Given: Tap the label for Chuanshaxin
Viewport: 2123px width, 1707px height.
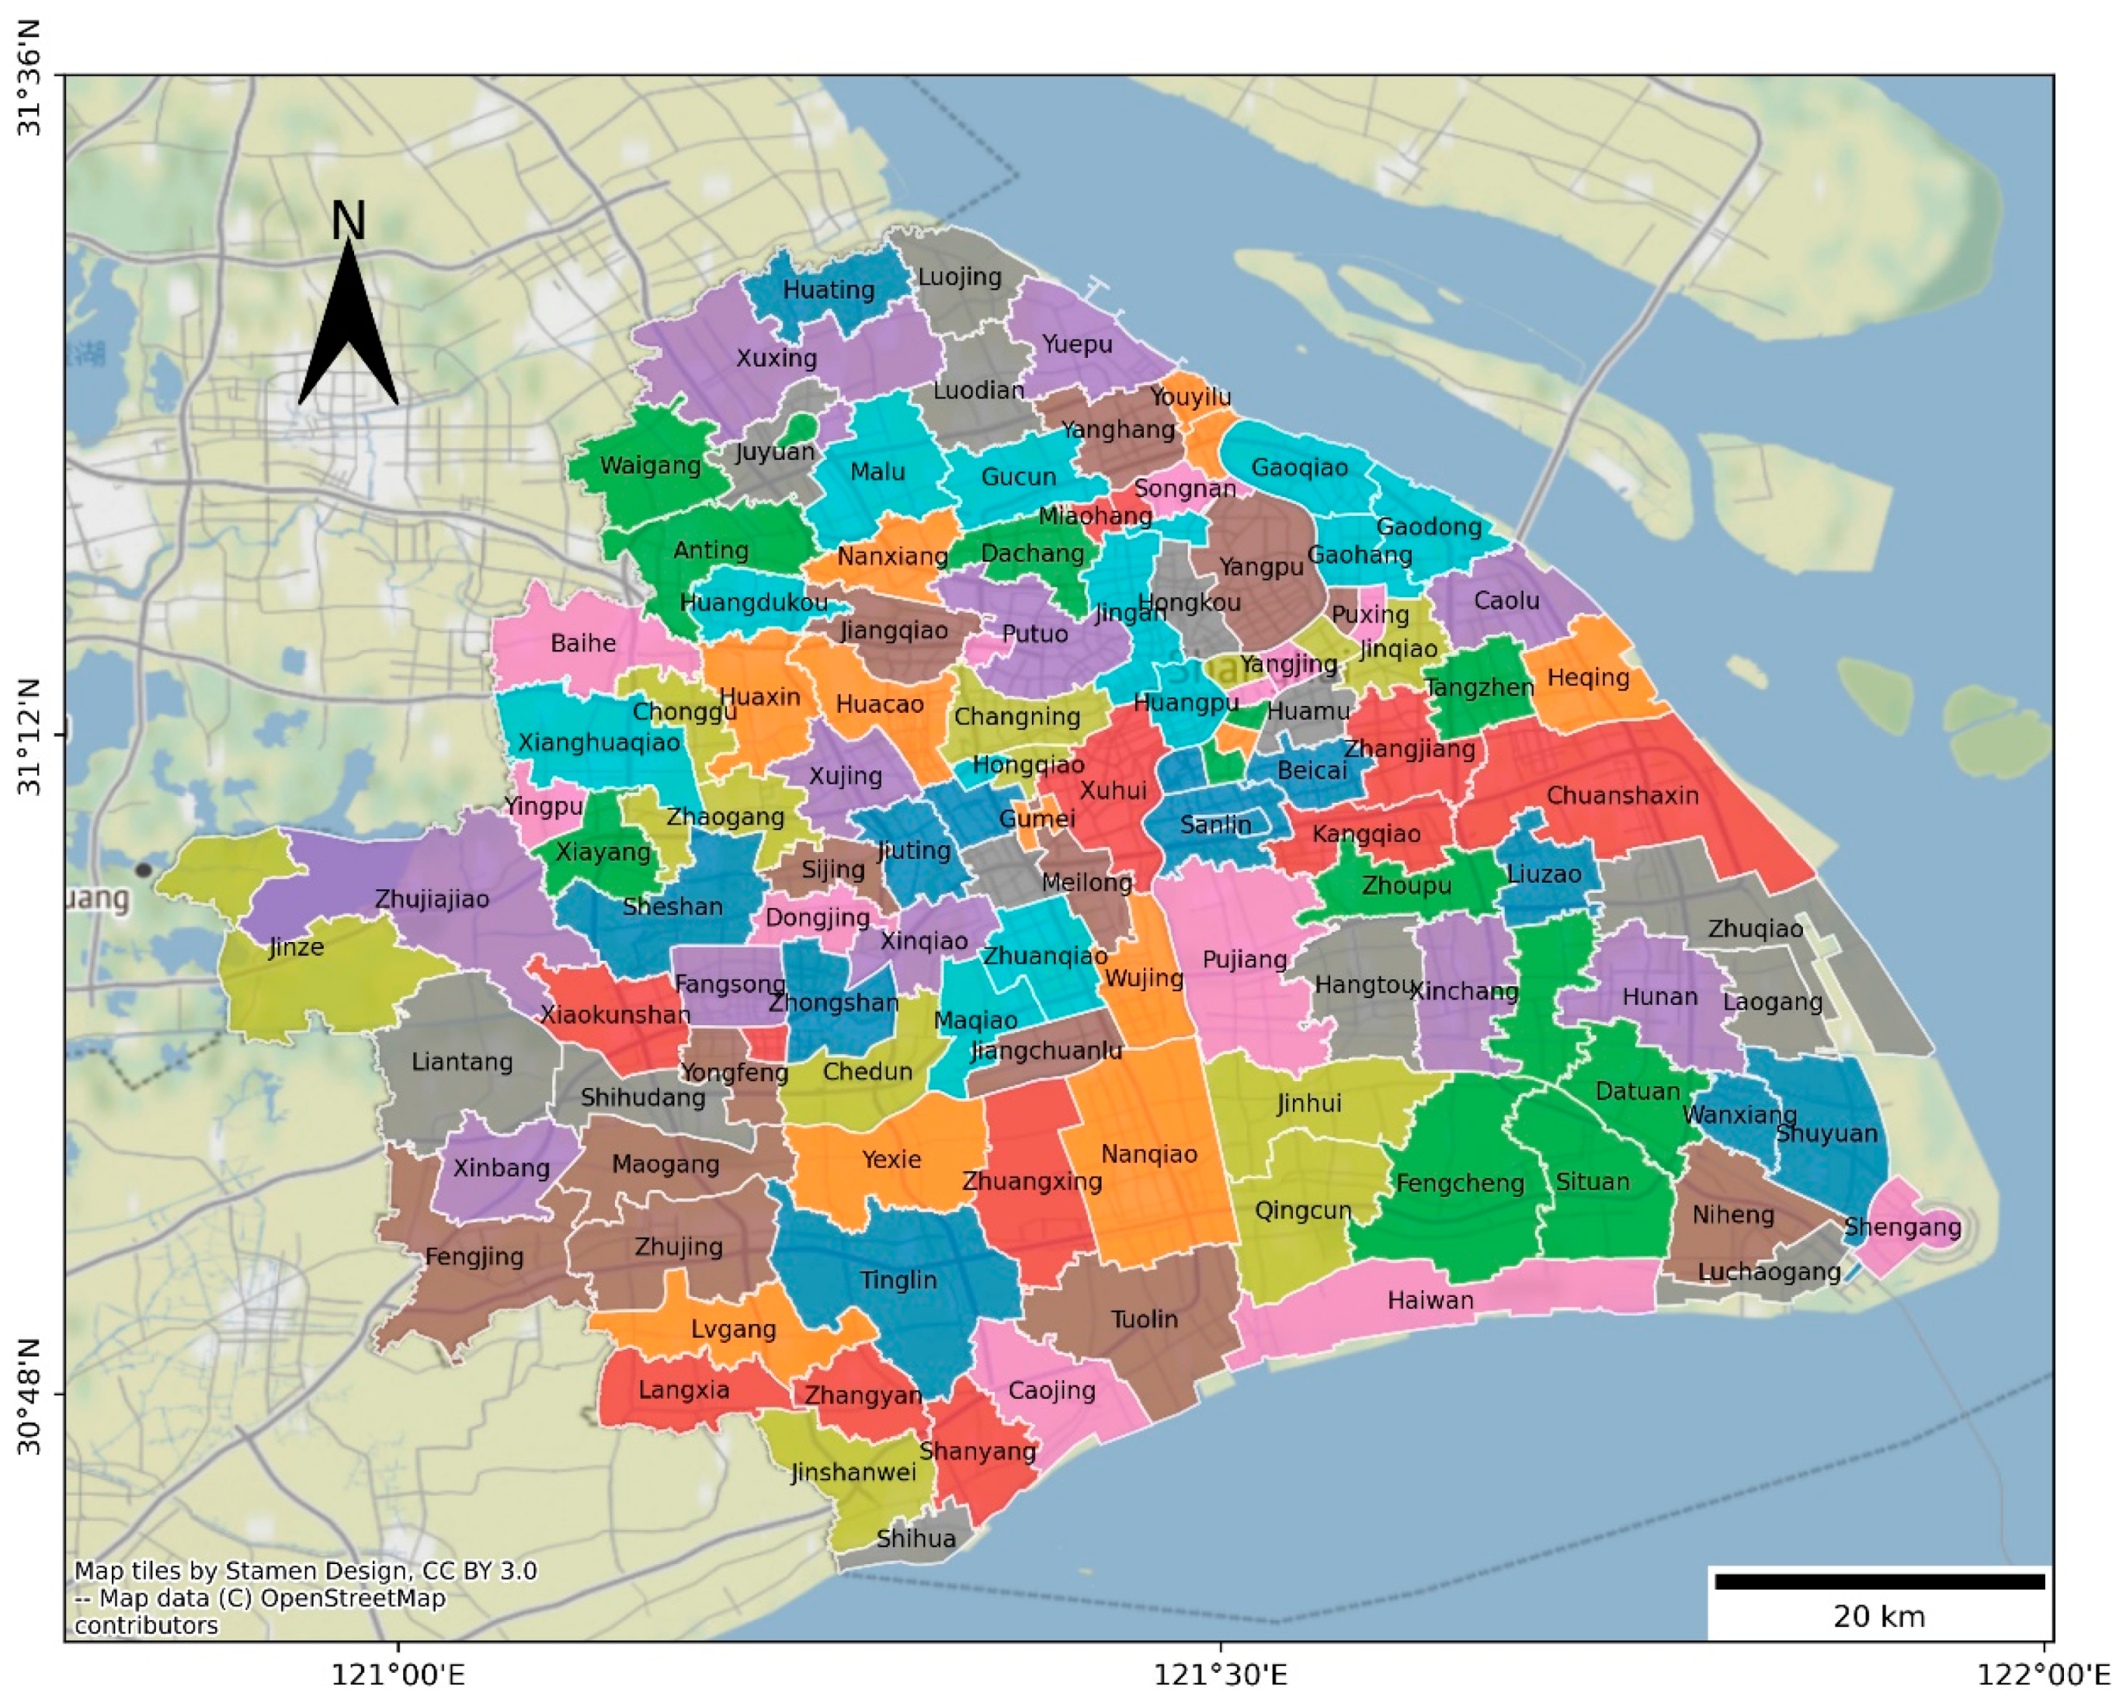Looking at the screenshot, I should pyautogui.click(x=1622, y=795).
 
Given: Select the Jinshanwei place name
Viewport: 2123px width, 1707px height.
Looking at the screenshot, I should pyautogui.click(x=853, y=1472).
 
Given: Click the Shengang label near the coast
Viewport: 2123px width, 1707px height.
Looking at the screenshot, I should pyautogui.click(x=1902, y=1227).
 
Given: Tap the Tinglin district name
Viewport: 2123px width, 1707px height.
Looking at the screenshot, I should pyautogui.click(x=897, y=1280).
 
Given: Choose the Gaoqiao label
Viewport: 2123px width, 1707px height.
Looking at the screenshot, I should pyautogui.click(x=1299, y=468).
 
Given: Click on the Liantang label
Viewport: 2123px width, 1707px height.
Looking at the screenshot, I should pyautogui.click(x=462, y=1062).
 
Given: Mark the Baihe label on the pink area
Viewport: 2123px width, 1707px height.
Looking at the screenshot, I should pyautogui.click(x=583, y=643).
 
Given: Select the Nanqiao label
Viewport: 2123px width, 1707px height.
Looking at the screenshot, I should pyautogui.click(x=1148, y=1153).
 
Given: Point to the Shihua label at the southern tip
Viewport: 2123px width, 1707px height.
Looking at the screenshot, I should pyautogui.click(x=915, y=1538).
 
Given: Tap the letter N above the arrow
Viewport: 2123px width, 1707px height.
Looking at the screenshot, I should pyautogui.click(x=348, y=221).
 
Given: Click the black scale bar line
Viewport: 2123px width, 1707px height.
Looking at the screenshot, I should pyautogui.click(x=1879, y=1582).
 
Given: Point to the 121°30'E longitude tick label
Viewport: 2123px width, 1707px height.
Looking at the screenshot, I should pyautogui.click(x=1220, y=1674).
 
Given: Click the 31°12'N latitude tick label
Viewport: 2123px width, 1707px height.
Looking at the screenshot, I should pyautogui.click(x=30, y=735).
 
